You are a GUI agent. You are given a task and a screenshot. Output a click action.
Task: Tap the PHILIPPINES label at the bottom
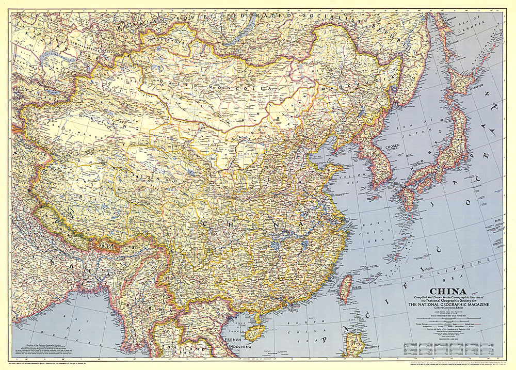[370, 356]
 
